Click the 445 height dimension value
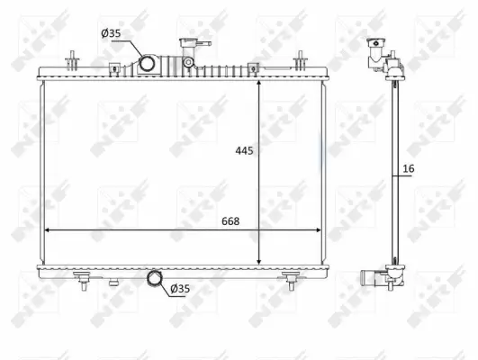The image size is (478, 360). [x=242, y=151]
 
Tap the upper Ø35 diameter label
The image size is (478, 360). [x=111, y=33]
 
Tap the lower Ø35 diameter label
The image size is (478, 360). [x=180, y=288]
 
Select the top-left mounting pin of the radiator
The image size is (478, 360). [x=69, y=61]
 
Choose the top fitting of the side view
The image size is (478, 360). [x=378, y=54]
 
